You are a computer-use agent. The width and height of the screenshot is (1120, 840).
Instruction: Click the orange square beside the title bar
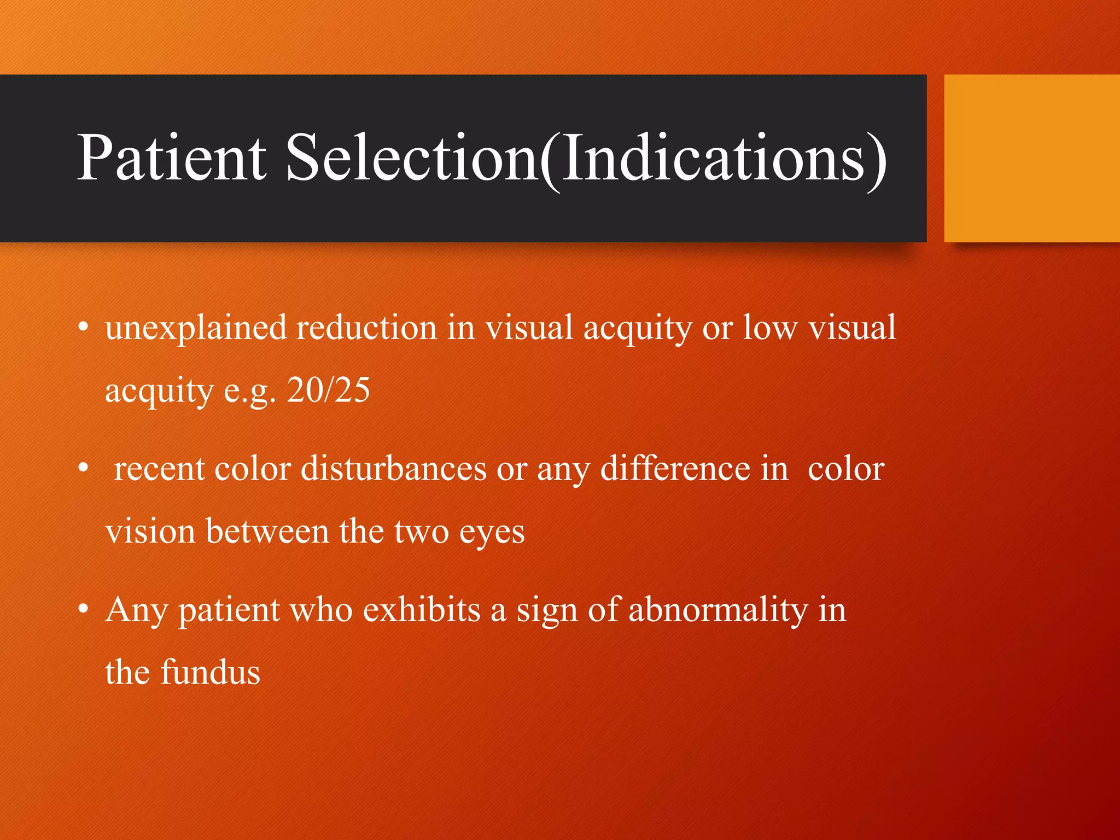click(x=1031, y=159)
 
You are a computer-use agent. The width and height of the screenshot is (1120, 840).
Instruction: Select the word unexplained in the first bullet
click(x=196, y=328)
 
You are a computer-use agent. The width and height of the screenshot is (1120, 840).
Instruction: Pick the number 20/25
click(x=328, y=390)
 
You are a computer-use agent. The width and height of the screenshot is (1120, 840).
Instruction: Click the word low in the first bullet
click(x=770, y=328)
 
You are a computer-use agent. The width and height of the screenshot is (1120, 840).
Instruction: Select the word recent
click(x=159, y=469)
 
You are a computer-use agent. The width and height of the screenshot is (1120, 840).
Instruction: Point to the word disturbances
click(x=393, y=469)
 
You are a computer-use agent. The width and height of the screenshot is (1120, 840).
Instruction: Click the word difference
click(x=675, y=469)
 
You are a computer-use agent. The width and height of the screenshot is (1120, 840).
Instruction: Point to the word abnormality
click(x=717, y=610)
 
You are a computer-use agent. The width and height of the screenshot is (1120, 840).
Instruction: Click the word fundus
click(x=210, y=672)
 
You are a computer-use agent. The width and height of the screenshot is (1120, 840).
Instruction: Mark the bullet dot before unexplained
click(x=83, y=328)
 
